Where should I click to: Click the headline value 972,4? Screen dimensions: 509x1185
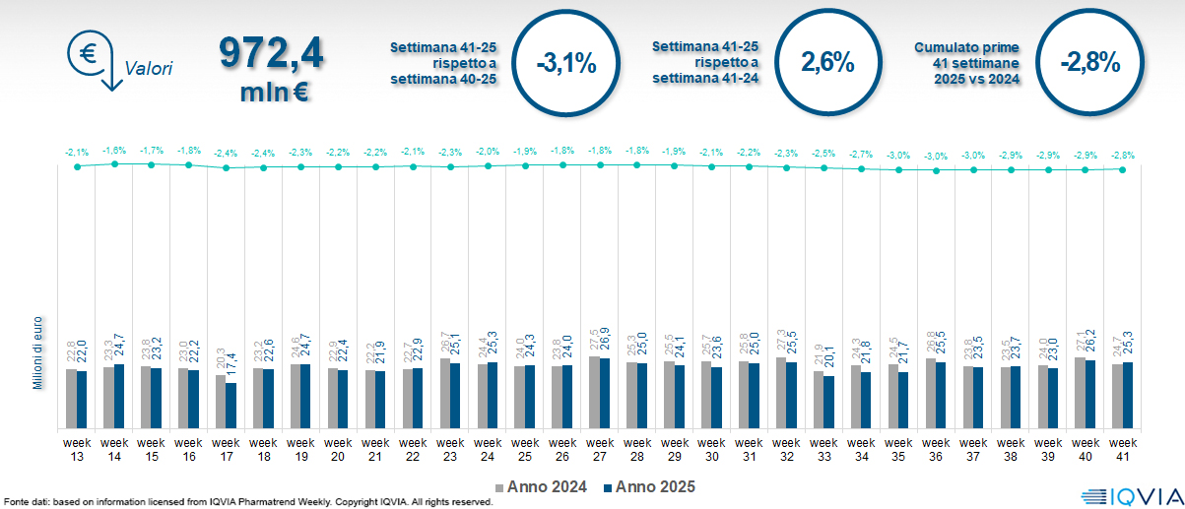[271, 53]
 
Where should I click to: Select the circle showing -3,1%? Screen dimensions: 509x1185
[566, 64]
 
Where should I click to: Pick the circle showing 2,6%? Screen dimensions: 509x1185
[827, 63]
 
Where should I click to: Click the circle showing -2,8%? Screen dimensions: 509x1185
[1090, 63]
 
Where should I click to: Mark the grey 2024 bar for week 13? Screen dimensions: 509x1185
[71, 399]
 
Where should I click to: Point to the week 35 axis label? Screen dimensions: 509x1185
[898, 448]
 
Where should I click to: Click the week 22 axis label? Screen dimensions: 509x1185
[413, 448]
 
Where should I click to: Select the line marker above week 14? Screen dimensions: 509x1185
[114, 163]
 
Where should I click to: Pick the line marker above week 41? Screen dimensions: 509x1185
[1123, 169]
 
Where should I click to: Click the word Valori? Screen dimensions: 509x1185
[149, 69]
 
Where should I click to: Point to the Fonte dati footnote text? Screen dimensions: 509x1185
[246, 502]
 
